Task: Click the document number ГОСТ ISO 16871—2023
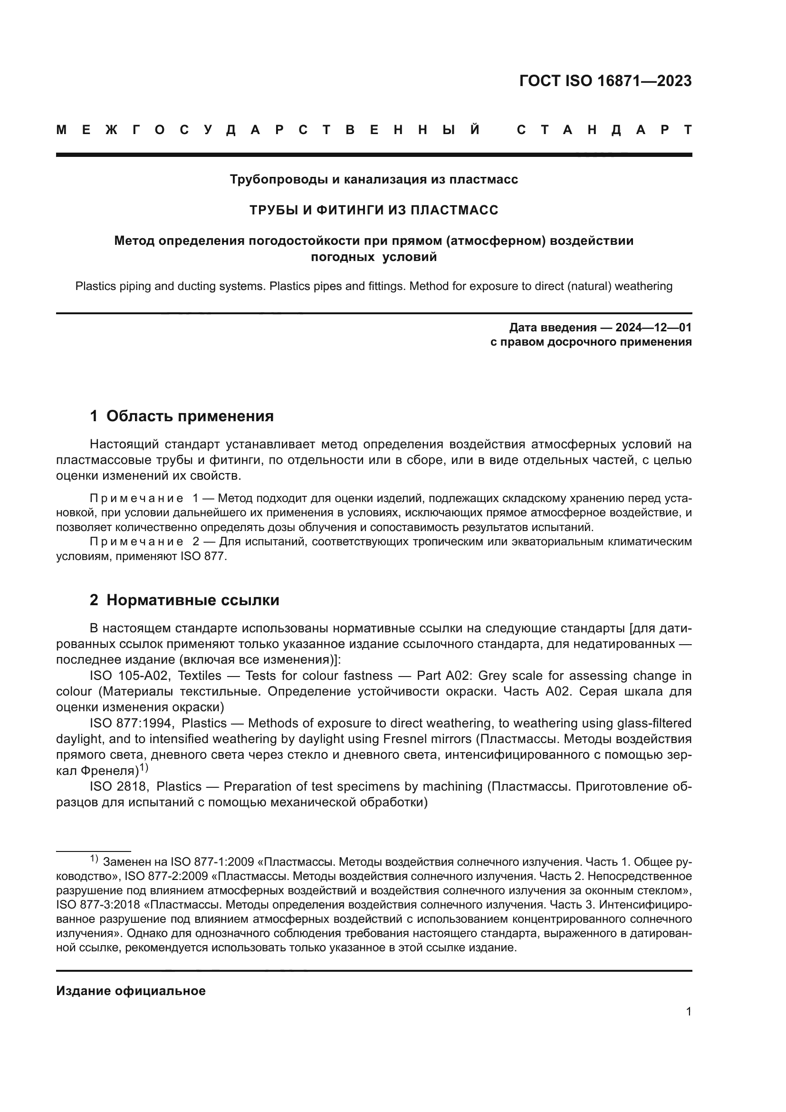click(x=605, y=81)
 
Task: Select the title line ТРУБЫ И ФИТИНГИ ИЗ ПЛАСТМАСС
click(x=374, y=210)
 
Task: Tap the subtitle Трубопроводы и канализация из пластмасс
click(x=374, y=180)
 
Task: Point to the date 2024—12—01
click(x=653, y=328)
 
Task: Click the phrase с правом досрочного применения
click(x=591, y=342)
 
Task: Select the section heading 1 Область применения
click(x=182, y=416)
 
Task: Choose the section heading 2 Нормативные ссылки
click(x=184, y=600)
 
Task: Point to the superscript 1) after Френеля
click(x=144, y=768)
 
